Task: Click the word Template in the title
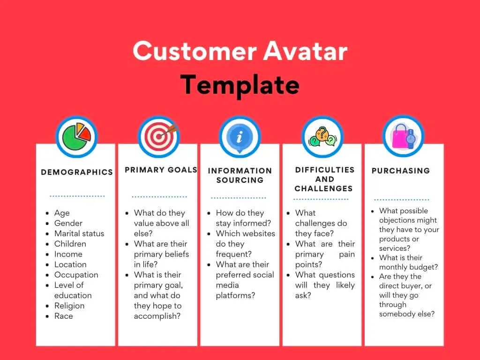click(240, 85)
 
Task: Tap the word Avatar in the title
click(305, 51)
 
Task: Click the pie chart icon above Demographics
click(76, 136)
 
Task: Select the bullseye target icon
click(158, 136)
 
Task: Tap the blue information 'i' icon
click(240, 136)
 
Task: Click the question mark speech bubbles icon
click(322, 136)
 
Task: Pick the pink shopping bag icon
click(403, 135)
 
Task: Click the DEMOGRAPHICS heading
click(77, 172)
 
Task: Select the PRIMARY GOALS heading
click(161, 170)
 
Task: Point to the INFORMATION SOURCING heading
click(240, 175)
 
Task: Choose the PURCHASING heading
click(401, 171)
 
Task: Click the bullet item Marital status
click(79, 233)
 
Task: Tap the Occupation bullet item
click(76, 275)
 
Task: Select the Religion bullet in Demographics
click(69, 306)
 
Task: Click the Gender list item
click(68, 223)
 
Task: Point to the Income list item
click(68, 254)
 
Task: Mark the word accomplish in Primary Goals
click(157, 316)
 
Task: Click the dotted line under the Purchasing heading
click(402, 200)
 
